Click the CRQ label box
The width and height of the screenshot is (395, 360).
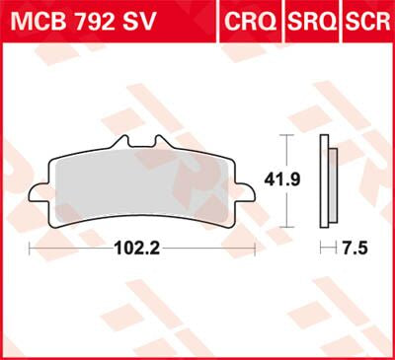coord(248,19)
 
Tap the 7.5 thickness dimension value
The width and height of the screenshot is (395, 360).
coord(354,249)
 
